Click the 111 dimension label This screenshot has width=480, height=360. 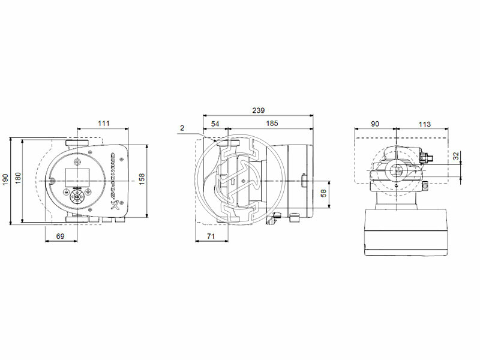pos(103,124)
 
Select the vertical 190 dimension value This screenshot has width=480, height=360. pos(6,179)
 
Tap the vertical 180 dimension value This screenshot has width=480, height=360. pos(17,179)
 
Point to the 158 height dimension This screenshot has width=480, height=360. pos(142,179)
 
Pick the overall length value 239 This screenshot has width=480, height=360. pos(257,110)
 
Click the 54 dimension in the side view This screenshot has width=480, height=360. pos(215,124)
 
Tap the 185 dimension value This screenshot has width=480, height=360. pos(271,124)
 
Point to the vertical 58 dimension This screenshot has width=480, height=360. pos(323,193)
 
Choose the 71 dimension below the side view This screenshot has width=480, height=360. pos(211,237)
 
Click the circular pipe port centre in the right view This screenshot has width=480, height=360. pos(397,171)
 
